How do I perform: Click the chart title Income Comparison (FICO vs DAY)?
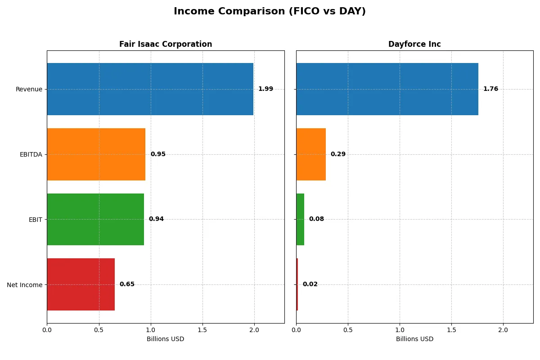point(270,12)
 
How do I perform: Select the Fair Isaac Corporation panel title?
point(166,44)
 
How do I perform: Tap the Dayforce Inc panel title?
point(414,44)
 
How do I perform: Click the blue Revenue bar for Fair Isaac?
point(150,89)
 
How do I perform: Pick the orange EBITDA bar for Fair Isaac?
point(96,154)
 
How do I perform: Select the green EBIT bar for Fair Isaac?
point(95,219)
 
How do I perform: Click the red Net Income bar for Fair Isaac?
point(81,284)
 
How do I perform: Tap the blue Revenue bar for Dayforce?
point(387,89)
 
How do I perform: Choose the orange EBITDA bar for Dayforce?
point(311,154)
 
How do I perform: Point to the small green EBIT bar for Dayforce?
point(300,219)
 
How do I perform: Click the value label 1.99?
point(265,89)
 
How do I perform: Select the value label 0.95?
point(158,154)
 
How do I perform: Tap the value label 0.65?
point(127,284)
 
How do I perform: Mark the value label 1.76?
point(490,89)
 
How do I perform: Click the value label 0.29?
point(338,154)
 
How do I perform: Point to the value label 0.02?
point(310,284)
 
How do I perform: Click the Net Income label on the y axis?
point(25,285)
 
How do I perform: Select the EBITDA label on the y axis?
point(31,154)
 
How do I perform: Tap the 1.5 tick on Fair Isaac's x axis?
point(202,330)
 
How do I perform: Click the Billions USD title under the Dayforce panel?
point(414,339)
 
